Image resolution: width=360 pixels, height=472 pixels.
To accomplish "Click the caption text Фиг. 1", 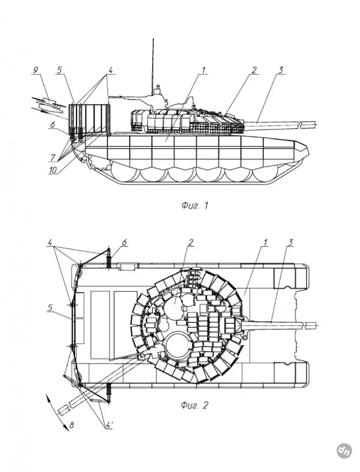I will (195, 206).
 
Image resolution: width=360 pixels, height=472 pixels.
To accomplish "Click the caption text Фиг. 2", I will (194, 405).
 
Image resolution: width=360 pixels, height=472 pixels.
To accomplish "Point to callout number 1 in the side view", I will (203, 69).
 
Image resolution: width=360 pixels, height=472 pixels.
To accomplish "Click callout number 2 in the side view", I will (254, 70).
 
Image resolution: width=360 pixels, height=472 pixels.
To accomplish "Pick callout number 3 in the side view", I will (280, 70).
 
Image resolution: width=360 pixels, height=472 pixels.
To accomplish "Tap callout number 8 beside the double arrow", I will (71, 426).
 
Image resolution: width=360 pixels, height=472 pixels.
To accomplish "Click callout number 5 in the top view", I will (50, 308).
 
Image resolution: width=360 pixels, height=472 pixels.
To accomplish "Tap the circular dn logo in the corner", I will (344, 450).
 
